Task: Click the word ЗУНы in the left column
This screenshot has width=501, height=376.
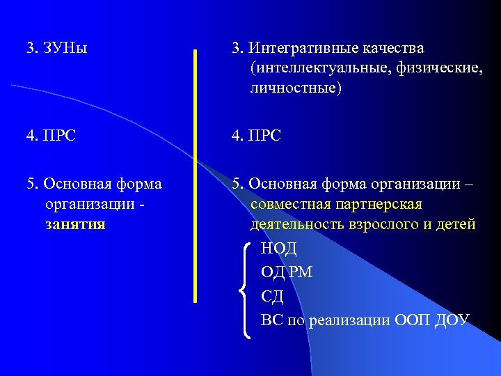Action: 67,49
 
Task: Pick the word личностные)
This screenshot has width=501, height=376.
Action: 296,89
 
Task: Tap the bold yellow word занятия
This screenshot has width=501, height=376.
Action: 74,224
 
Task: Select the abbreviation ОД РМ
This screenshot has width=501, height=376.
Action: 287,272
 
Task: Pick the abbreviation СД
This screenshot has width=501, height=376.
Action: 272,296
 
